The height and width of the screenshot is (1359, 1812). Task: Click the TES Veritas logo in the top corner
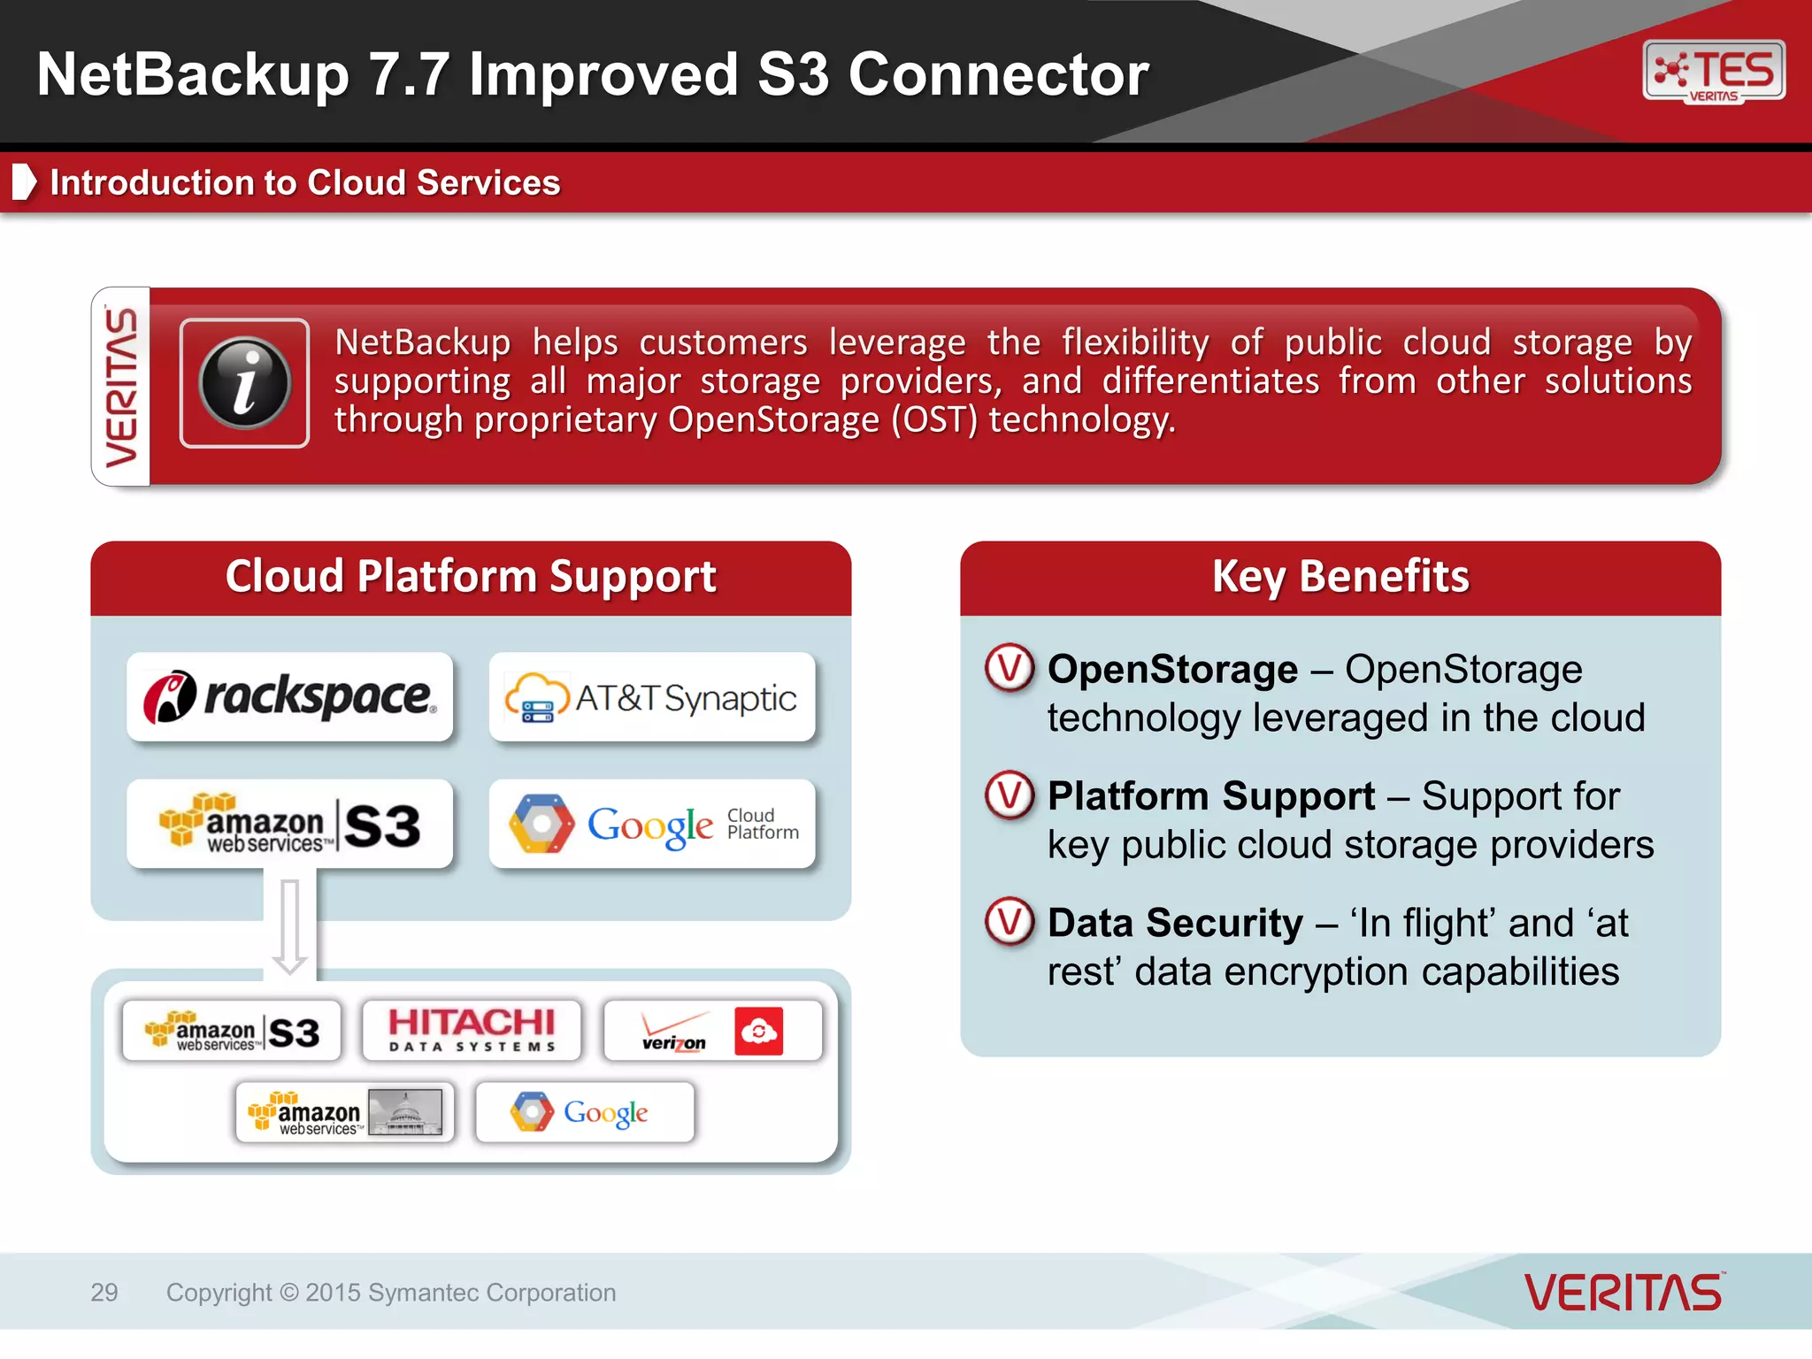coord(1713,72)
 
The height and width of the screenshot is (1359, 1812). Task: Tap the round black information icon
coord(245,383)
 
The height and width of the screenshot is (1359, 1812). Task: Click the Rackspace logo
coord(289,696)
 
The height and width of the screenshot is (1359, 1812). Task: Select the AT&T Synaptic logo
coord(652,697)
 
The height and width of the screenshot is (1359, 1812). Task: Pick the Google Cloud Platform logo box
coord(652,824)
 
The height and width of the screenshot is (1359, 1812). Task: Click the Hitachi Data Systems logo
coord(472,1030)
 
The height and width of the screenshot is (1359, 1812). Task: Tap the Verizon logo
coord(674,1032)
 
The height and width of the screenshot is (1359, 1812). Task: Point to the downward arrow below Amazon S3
coord(289,925)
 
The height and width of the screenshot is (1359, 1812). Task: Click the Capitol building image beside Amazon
coord(405,1112)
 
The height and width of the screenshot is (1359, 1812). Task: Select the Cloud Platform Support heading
coord(471,577)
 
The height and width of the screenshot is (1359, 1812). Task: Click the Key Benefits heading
coord(1340,577)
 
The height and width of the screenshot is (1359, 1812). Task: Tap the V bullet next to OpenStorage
coord(1010,668)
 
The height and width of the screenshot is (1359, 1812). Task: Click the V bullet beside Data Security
coord(1010,921)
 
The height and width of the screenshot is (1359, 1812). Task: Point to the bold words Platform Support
coord(1210,795)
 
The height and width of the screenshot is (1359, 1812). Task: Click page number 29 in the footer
coord(104,1293)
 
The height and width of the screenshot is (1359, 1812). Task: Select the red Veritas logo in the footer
coord(1624,1293)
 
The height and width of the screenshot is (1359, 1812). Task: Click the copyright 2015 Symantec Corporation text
coord(391,1293)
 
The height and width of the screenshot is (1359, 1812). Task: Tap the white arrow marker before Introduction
coord(24,182)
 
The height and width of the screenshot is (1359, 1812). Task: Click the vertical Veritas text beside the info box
coord(122,387)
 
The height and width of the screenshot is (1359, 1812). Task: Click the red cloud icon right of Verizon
coord(758,1032)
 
